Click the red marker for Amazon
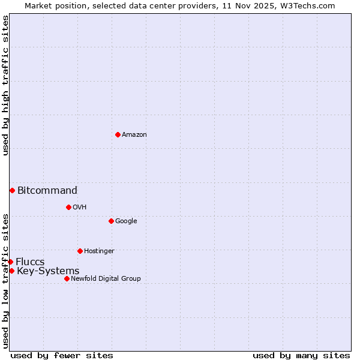pyautogui.click(x=118, y=134)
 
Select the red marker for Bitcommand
pyautogui.click(x=12, y=190)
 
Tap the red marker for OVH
pyautogui.click(x=68, y=207)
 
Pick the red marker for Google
pyautogui.click(x=111, y=221)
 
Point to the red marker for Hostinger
pyautogui.click(x=80, y=251)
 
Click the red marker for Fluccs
pyautogui.click(x=10, y=262)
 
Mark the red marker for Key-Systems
pyautogui.click(x=11, y=271)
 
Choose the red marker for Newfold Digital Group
pyautogui.click(x=67, y=278)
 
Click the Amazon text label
pyautogui.click(x=134, y=135)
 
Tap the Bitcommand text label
pyautogui.click(x=47, y=191)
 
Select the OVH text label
pyautogui.click(x=80, y=208)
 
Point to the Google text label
pyautogui.click(x=126, y=221)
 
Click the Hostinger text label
pyautogui.click(x=99, y=251)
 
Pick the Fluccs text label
pyautogui.click(x=30, y=262)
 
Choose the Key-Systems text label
pyautogui.click(x=48, y=271)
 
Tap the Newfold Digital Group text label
pyautogui.click(x=106, y=279)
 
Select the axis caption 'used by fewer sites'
pyautogui.click(x=62, y=355)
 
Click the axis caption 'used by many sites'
pyautogui.click(x=301, y=355)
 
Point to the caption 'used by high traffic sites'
pyautogui.click(x=5, y=85)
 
